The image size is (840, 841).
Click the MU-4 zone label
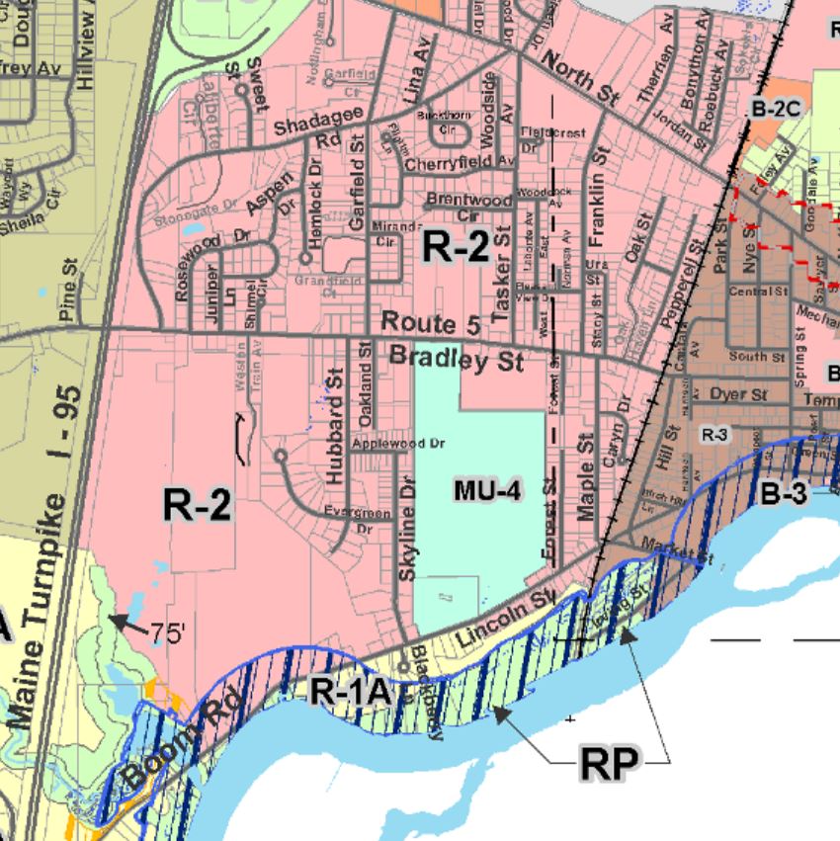[x=487, y=489]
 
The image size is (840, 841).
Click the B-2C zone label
[x=774, y=111]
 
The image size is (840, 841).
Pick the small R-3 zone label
[x=714, y=434]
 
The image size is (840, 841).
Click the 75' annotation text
[x=169, y=633]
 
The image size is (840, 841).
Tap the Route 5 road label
[x=419, y=322]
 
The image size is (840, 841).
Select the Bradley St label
[x=457, y=359]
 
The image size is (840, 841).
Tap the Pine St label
[x=69, y=301]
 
